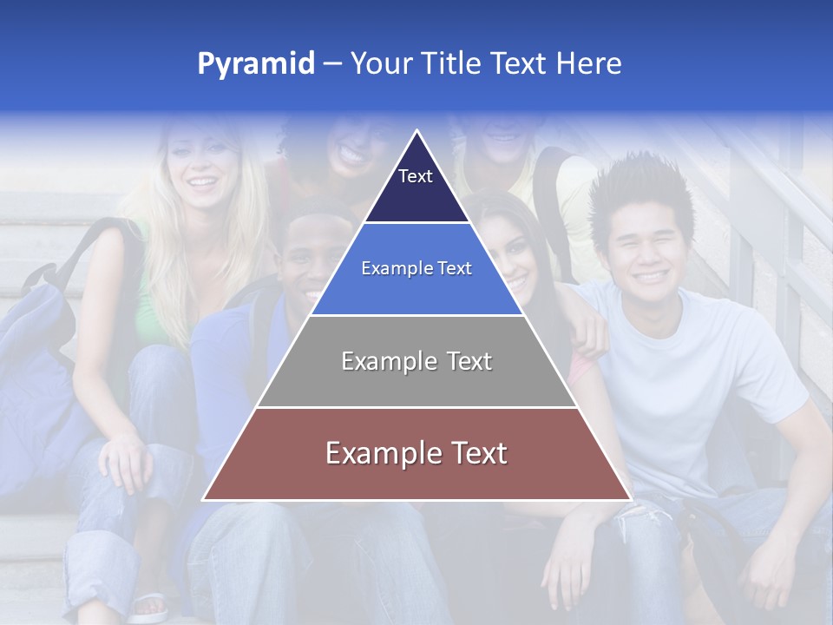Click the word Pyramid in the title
(255, 64)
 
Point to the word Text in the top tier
(416, 176)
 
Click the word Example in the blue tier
(395, 269)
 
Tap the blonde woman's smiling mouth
(203, 184)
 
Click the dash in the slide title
(332, 64)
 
